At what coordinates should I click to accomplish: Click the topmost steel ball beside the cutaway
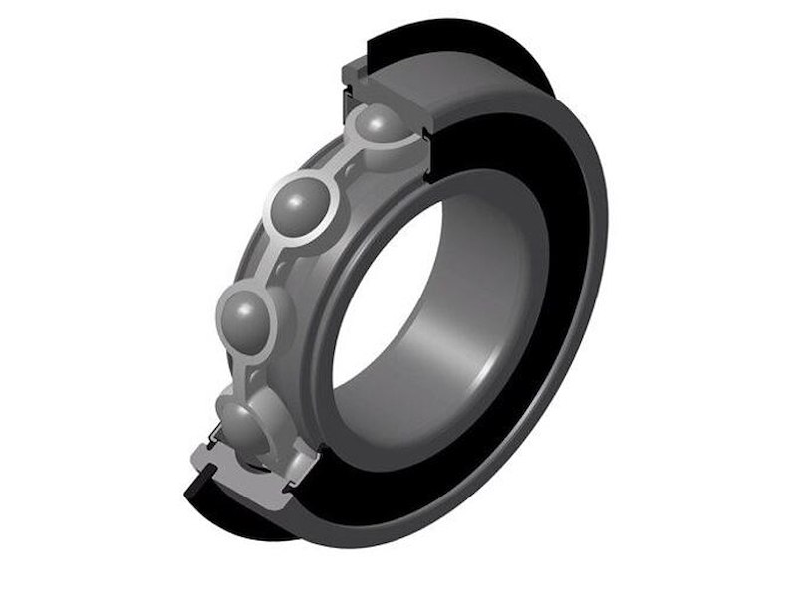pyautogui.click(x=381, y=127)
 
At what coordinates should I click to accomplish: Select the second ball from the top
pyautogui.click(x=300, y=207)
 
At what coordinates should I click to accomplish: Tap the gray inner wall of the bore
pyautogui.click(x=468, y=318)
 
